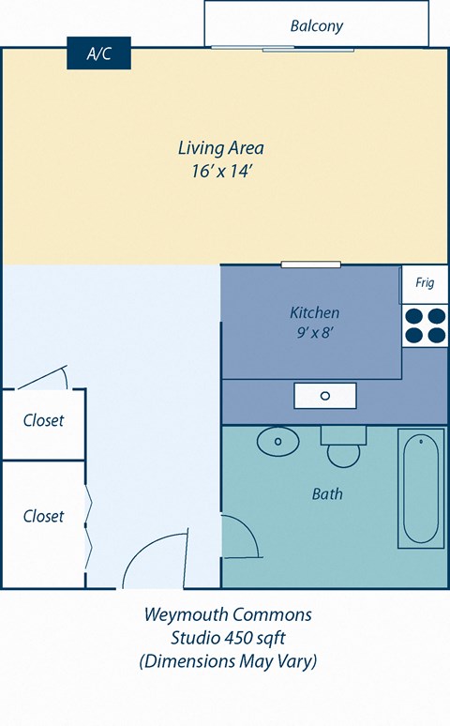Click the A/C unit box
[x=98, y=53]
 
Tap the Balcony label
[x=316, y=25]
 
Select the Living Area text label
[x=220, y=147]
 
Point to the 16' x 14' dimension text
[x=220, y=172]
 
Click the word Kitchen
[x=314, y=312]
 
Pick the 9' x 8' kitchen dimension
[x=314, y=332]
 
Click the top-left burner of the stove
[x=413, y=315]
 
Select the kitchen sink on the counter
[x=325, y=396]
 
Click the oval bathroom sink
[x=277, y=441]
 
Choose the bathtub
[x=419, y=489]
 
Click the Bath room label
[x=327, y=493]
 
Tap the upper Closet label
[x=43, y=420]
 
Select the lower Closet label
[x=43, y=516]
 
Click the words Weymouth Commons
[x=227, y=615]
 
